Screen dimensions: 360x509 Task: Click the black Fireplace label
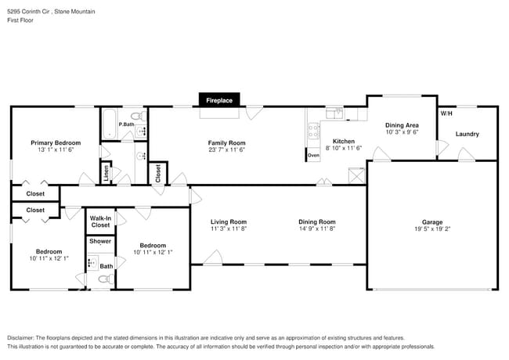(219, 100)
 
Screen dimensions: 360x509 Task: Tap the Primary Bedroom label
(56, 142)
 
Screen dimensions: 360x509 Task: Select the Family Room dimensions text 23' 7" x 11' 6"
(226, 150)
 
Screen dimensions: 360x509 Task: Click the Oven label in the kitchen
(313, 156)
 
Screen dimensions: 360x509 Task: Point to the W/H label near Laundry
(446, 113)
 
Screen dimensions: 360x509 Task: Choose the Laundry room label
(467, 134)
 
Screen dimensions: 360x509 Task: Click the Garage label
(432, 222)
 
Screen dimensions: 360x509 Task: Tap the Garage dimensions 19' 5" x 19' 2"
(432, 230)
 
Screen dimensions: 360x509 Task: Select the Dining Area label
(402, 125)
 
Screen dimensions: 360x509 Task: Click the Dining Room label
(316, 222)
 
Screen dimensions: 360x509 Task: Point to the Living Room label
(229, 222)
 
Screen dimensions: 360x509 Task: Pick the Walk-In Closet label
(100, 221)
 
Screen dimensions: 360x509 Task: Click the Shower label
(100, 241)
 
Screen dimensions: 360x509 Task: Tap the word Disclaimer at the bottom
(23, 337)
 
